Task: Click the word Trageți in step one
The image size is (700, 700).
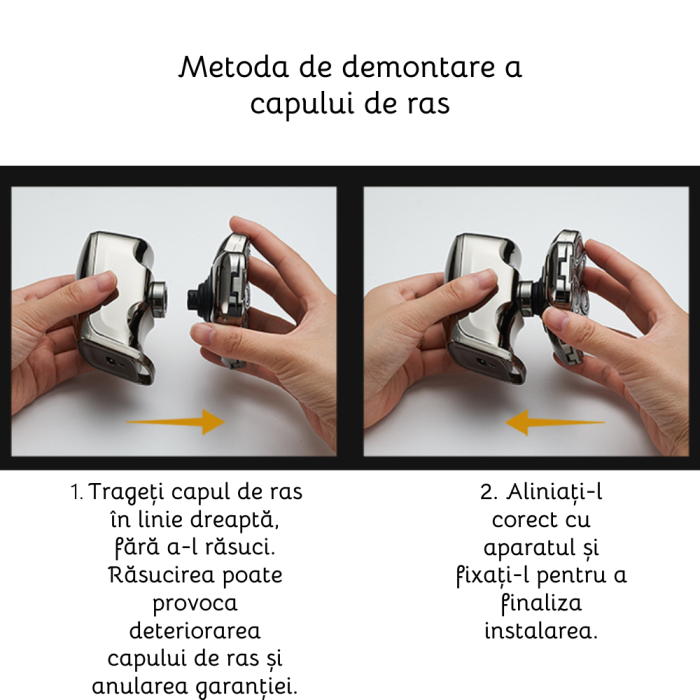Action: pos(126,493)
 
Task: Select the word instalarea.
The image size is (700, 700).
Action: pos(540,632)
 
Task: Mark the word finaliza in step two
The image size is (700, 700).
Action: pos(540,604)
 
